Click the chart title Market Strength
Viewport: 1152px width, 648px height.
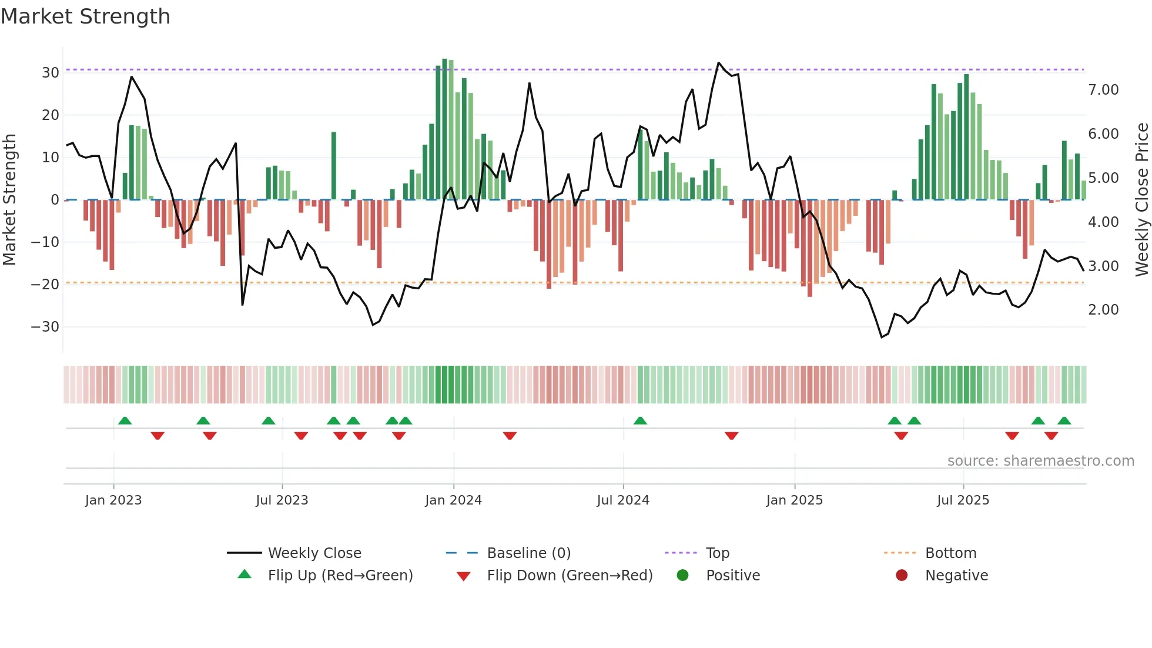[x=86, y=16]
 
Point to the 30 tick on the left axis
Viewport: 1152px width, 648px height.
[x=51, y=73]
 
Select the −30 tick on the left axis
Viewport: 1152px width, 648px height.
[x=45, y=327]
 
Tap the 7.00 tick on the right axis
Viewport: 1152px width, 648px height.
[x=1103, y=90]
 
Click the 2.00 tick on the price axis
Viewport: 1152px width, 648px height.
[x=1103, y=310]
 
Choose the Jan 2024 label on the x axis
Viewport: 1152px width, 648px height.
[x=453, y=500]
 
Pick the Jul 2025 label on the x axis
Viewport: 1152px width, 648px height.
[x=963, y=500]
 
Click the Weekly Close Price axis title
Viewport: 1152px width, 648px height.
[x=1141, y=200]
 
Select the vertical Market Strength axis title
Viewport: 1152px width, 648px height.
[x=10, y=200]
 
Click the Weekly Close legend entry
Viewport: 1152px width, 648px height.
[x=314, y=553]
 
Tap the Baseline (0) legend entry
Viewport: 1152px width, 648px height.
[x=528, y=553]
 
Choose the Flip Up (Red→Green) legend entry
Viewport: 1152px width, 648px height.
[x=340, y=576]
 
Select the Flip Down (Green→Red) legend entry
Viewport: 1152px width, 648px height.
[x=570, y=576]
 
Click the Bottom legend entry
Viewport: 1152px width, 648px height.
[x=950, y=553]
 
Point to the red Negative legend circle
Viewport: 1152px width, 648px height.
[x=902, y=576]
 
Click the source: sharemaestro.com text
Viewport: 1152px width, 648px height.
[x=1040, y=461]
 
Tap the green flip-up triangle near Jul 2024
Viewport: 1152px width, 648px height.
[x=640, y=421]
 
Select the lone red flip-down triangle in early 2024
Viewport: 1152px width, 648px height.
[x=510, y=436]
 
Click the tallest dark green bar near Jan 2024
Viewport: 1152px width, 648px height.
[x=444, y=129]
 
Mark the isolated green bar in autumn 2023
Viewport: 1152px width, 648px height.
[x=334, y=166]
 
